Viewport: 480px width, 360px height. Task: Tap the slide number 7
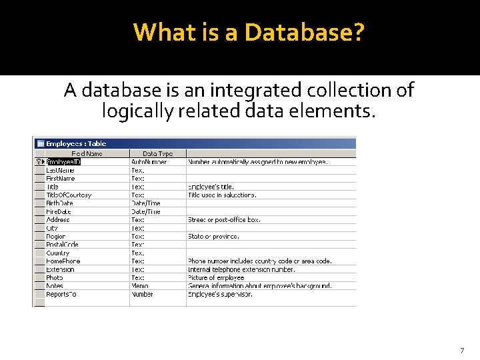(x=462, y=351)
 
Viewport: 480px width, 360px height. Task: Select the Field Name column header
(x=87, y=153)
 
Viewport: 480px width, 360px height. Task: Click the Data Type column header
(x=157, y=153)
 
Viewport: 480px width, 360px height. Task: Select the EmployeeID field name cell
(x=63, y=161)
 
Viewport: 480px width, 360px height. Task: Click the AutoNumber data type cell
(x=149, y=161)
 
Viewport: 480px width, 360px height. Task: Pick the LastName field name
(x=60, y=170)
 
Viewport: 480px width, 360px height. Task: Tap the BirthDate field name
(x=60, y=203)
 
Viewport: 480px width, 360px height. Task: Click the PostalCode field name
(x=63, y=245)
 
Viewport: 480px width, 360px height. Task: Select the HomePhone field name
(x=63, y=261)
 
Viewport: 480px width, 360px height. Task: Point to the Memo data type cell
(x=141, y=286)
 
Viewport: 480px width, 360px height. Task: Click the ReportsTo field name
(x=61, y=294)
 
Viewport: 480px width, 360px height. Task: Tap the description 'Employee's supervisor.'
(x=220, y=294)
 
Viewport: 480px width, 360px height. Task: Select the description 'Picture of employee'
(x=216, y=277)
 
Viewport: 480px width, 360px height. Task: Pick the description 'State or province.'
(x=213, y=236)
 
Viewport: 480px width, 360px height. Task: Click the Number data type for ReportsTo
(x=142, y=294)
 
